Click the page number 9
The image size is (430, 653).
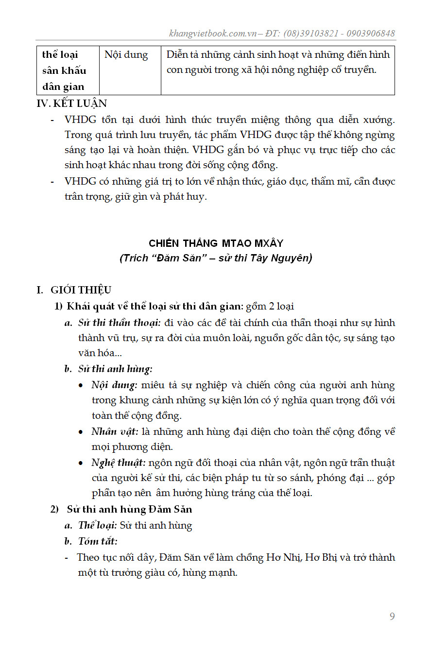pos(392,617)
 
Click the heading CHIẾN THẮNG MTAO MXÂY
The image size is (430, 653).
pos(216,243)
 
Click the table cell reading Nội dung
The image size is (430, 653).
pos(126,54)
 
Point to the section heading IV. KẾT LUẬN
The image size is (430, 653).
pos(72,103)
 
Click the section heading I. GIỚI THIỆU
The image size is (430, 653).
pos(74,290)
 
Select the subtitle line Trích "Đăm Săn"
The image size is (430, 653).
pos(216,258)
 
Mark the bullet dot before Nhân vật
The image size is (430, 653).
pos(81,432)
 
